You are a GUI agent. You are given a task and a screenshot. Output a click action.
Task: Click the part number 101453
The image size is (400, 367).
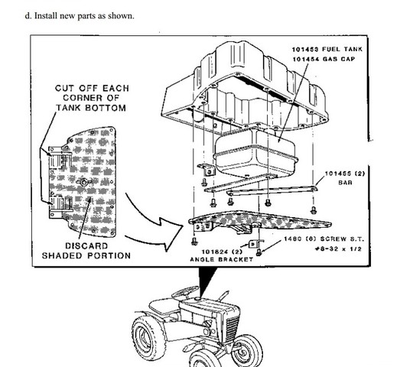click(304, 50)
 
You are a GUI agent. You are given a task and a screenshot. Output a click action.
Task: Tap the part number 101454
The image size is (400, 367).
click(304, 59)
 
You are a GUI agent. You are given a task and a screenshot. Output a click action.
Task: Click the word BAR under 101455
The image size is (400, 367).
click(343, 183)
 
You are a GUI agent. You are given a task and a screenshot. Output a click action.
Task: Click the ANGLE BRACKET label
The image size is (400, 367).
click(220, 259)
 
